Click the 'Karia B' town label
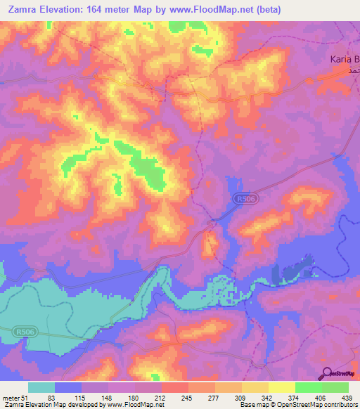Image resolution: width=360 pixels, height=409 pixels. [x=345, y=60]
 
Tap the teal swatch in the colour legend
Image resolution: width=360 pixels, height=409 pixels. [x=41, y=387]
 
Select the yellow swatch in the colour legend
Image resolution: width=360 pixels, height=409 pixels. [x=281, y=387]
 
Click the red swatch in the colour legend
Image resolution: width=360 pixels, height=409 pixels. [x=174, y=387]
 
